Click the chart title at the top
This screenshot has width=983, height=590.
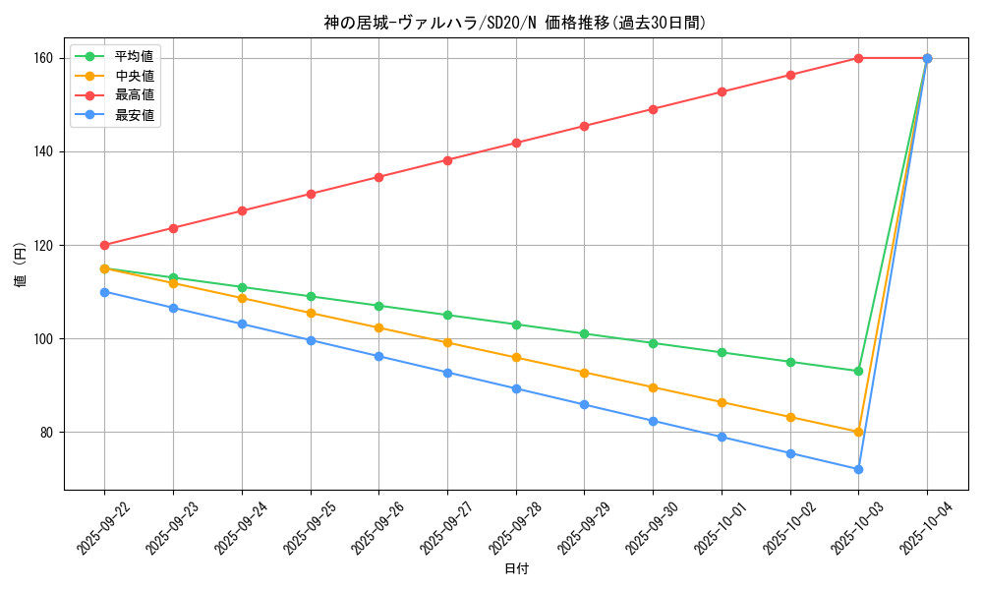pyautogui.click(x=514, y=23)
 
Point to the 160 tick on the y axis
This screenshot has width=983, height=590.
pyautogui.click(x=46, y=58)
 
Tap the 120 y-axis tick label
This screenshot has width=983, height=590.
pyautogui.click(x=46, y=246)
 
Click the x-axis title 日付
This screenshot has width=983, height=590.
pyautogui.click(x=516, y=569)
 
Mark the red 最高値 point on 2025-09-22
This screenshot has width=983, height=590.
pyautogui.click(x=104, y=245)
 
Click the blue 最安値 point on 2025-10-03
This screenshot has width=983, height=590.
pyautogui.click(x=858, y=469)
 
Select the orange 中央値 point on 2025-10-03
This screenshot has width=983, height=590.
pyautogui.click(x=858, y=432)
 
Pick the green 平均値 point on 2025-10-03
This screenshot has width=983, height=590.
pyautogui.click(x=858, y=371)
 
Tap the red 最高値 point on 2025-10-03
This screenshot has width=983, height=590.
pyautogui.click(x=858, y=58)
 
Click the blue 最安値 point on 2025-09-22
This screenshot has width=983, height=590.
pyautogui.click(x=104, y=292)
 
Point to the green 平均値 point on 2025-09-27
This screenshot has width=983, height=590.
pyautogui.click(x=447, y=315)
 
